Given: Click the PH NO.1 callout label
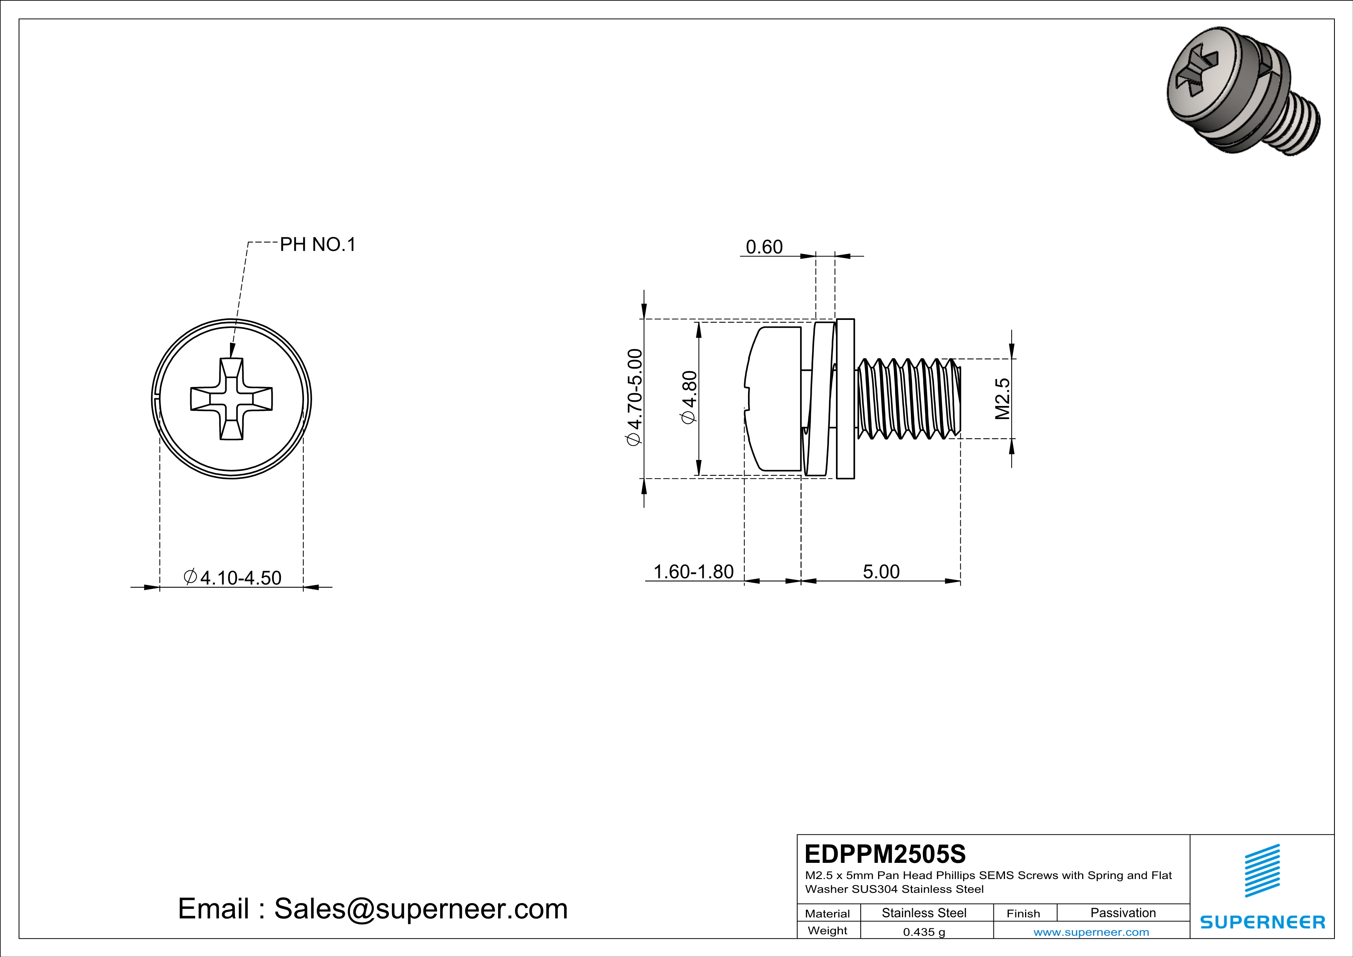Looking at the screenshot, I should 318,245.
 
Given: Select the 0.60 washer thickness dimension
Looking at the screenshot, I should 764,247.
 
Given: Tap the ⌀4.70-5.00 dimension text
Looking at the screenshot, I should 635,398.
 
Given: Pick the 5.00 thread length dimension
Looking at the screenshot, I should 881,571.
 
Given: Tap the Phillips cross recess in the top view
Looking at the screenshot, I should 231,399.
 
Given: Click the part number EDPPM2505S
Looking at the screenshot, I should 885,854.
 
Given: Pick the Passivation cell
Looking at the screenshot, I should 1123,913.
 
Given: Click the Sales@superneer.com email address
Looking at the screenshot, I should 421,909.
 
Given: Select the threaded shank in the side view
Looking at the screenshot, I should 907,399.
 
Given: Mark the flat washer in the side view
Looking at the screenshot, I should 845,399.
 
